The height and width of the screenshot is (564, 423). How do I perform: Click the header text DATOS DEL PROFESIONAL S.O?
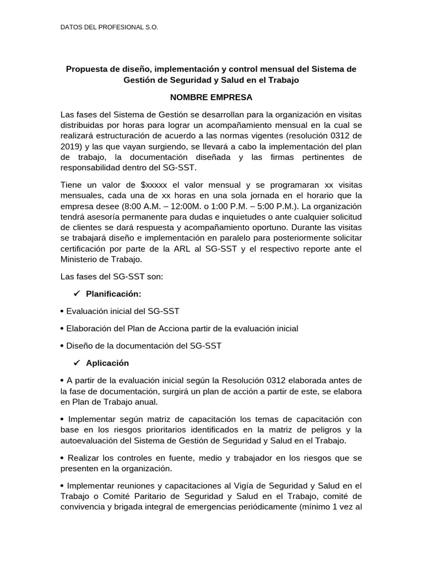click(x=109, y=27)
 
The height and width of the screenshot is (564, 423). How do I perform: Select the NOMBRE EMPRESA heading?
click(x=211, y=97)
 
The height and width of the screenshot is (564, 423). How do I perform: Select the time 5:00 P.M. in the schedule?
click(x=309, y=206)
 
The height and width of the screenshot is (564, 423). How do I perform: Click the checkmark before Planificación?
click(x=77, y=294)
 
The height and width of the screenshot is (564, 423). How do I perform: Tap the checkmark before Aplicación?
click(x=77, y=363)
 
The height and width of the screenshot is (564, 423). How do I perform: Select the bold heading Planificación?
click(x=117, y=294)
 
